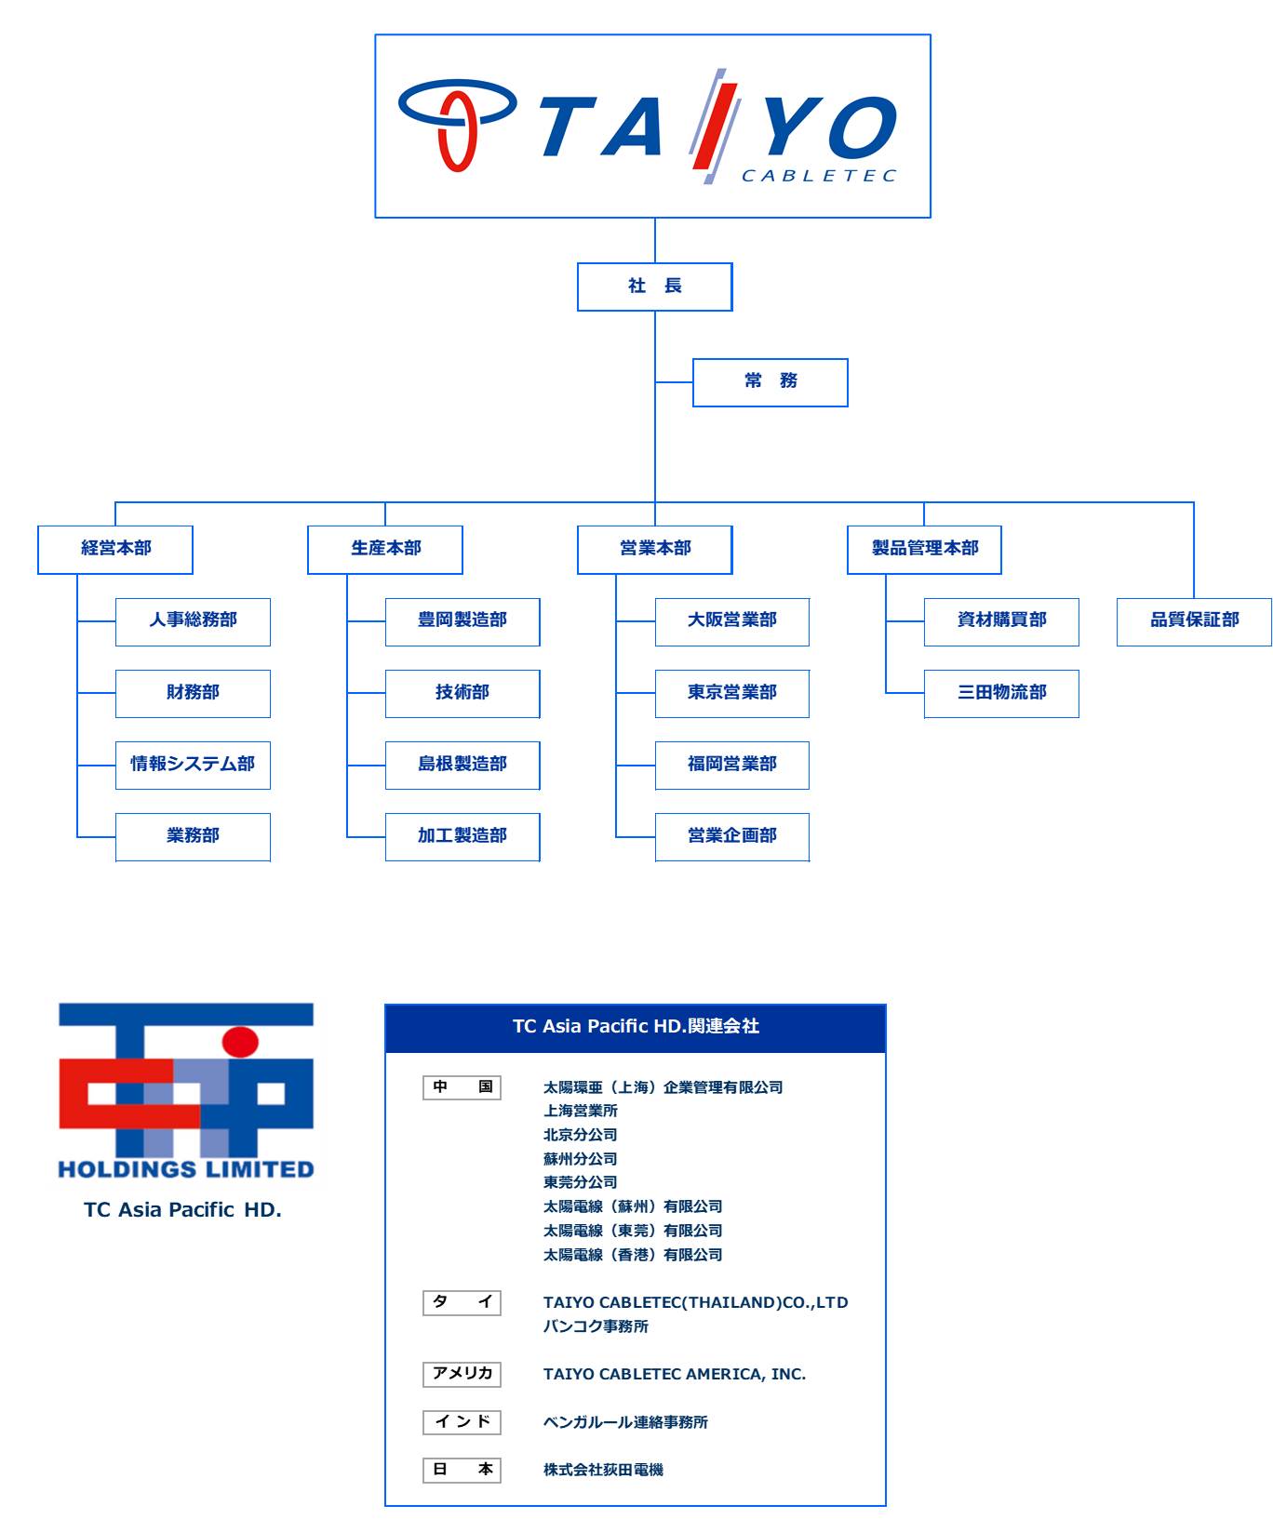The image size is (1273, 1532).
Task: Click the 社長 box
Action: pyautogui.click(x=655, y=286)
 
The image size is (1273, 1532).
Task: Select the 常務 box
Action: pyautogui.click(x=770, y=382)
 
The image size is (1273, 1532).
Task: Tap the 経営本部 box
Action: pyautogui.click(x=115, y=550)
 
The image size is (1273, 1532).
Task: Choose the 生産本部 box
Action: pyautogui.click(x=385, y=550)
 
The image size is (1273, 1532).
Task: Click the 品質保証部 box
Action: pyautogui.click(x=1194, y=621)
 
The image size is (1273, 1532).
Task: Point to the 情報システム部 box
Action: pyautogui.click(x=193, y=765)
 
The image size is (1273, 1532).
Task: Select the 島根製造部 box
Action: pyautogui.click(x=462, y=765)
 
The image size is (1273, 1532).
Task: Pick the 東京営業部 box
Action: pyautogui.click(x=732, y=693)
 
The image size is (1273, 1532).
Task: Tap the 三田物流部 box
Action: pyautogui.click(x=1001, y=693)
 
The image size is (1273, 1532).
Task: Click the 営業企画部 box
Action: pyautogui.click(x=732, y=837)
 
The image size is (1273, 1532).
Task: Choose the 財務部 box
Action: pyautogui.click(x=193, y=693)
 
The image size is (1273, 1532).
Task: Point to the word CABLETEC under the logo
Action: pyautogui.click(x=819, y=176)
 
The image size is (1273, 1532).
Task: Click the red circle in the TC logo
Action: pyautogui.click(x=240, y=1042)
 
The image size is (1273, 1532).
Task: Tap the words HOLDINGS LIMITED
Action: pyautogui.click(x=186, y=1169)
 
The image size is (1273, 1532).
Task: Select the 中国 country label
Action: pyautogui.click(x=462, y=1087)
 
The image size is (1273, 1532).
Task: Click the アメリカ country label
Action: pyautogui.click(x=462, y=1374)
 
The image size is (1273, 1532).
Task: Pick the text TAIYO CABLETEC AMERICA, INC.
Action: pyautogui.click(x=675, y=1374)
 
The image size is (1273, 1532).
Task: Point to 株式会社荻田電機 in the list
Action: pyautogui.click(x=603, y=1470)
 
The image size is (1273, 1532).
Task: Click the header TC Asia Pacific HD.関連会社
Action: pyautogui.click(x=636, y=1027)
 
